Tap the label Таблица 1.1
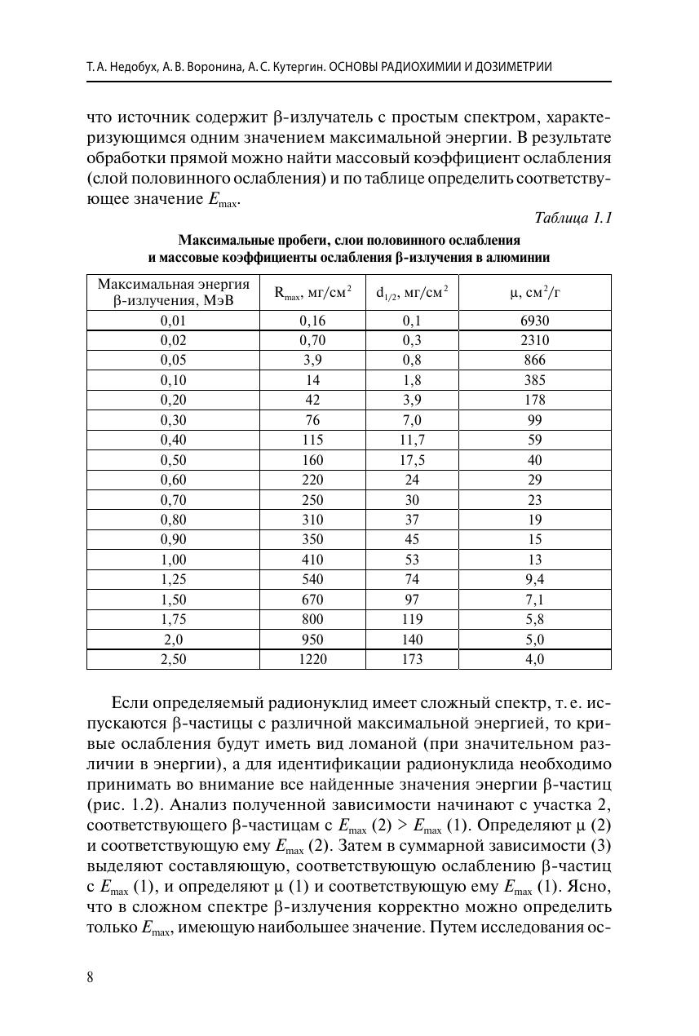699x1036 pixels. (x=573, y=218)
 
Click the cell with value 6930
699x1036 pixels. (x=534, y=321)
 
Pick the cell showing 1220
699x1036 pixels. (x=312, y=659)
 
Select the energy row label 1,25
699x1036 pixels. (x=174, y=580)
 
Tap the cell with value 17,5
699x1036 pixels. (x=412, y=460)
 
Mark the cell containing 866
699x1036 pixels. (x=534, y=361)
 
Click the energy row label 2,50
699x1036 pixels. (x=174, y=659)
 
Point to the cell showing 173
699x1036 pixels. (x=412, y=659)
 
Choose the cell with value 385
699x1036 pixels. (x=534, y=380)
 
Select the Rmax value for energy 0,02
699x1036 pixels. (x=312, y=341)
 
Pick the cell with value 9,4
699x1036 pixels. (x=534, y=580)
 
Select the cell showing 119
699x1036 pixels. (x=412, y=620)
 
